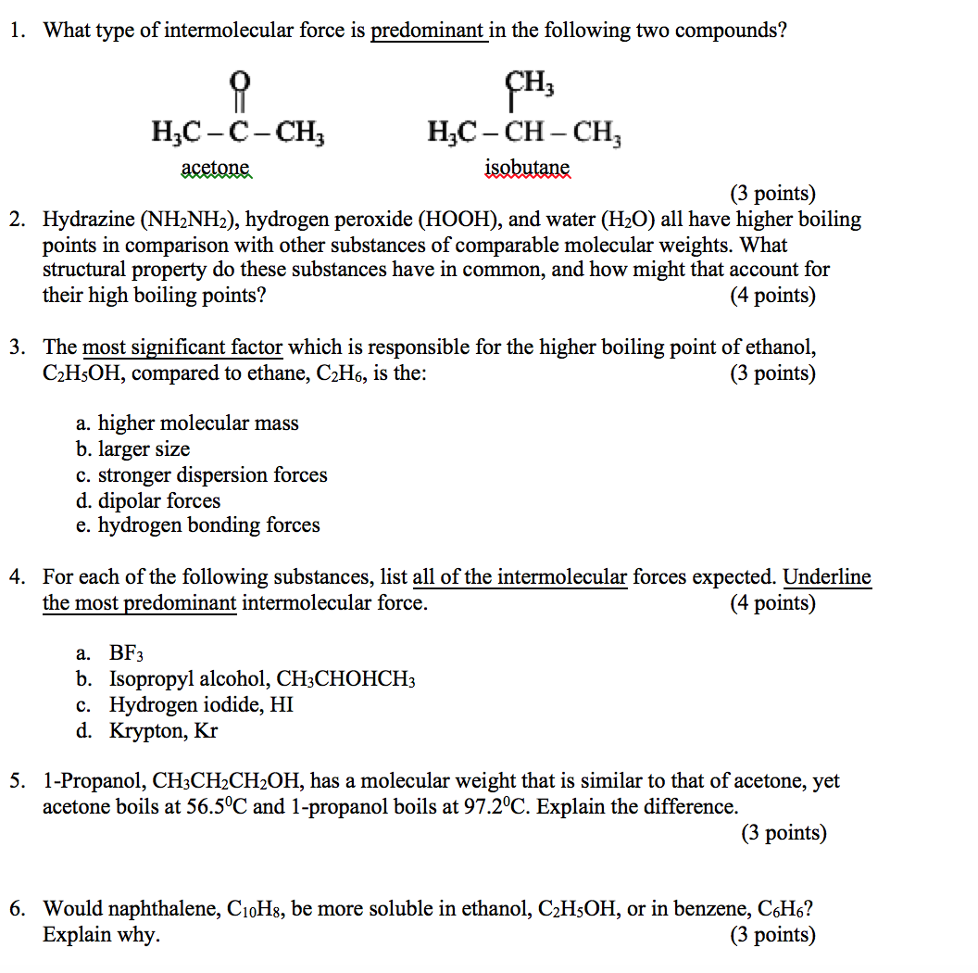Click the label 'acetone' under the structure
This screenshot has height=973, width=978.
coord(216,169)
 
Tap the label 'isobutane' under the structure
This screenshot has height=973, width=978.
coord(528,169)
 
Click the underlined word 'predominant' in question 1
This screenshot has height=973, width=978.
coord(428,31)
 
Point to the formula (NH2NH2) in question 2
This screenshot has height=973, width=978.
coord(190,220)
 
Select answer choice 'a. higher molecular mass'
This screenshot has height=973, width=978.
coord(187,423)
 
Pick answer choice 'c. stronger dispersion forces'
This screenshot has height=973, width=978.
coord(201,475)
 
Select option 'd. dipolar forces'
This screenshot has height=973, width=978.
coord(148,501)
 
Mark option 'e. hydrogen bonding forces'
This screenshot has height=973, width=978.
coord(197,525)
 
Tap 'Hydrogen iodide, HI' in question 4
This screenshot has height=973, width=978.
coord(201,704)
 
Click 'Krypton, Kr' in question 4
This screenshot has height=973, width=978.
coord(163,730)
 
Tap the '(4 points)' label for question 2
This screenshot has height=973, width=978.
coord(772,296)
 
